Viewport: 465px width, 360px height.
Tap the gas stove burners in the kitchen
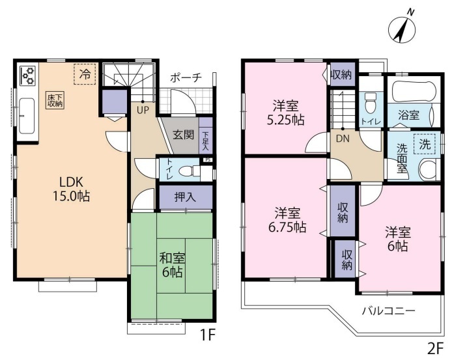tap(27, 76)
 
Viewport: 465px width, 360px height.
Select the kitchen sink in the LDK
tap(27, 117)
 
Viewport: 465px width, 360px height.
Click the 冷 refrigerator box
tap(85, 74)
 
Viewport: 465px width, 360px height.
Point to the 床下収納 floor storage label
tap(55, 100)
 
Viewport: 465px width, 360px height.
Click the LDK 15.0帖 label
tap(71, 189)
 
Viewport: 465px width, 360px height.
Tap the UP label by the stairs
tap(143, 110)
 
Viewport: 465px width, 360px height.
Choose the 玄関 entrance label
tap(183, 135)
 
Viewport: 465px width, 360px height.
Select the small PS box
tap(208, 159)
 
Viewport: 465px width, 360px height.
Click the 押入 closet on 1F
tap(186, 197)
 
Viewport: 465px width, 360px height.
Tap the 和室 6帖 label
tap(172, 265)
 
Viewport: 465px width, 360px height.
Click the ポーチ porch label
tap(186, 77)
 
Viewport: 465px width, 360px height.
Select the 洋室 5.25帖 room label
tap(286, 113)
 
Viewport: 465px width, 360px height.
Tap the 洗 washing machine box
tap(425, 144)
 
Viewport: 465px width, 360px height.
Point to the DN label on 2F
tap(343, 139)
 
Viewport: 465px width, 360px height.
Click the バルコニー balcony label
tap(388, 311)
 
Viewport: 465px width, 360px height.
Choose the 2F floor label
tap(435, 349)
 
